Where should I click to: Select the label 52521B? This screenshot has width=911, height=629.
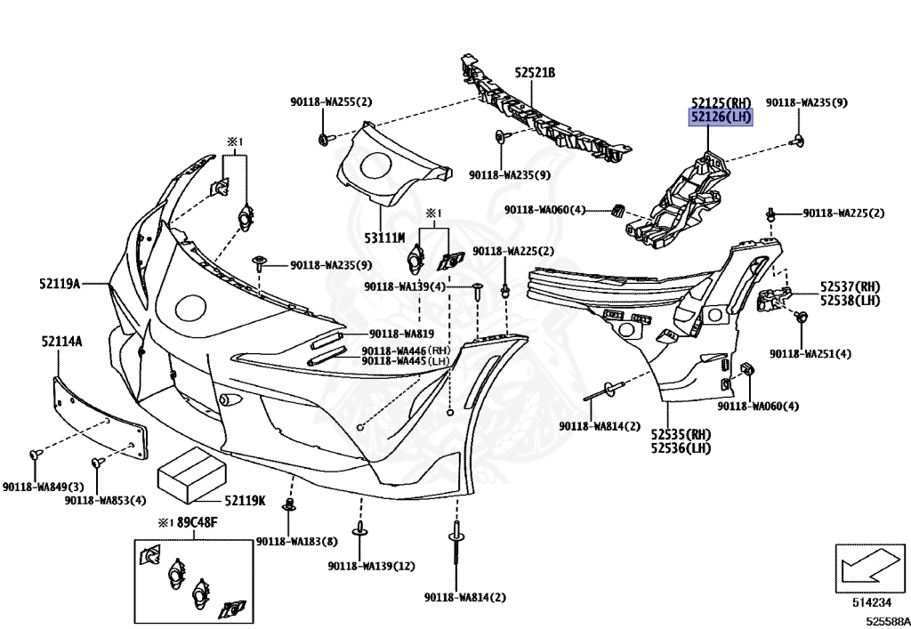coord(534,72)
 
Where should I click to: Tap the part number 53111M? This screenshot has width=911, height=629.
coord(384,238)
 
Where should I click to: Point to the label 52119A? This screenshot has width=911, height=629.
coord(60,284)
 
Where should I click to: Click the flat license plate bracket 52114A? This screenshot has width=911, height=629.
coord(97,417)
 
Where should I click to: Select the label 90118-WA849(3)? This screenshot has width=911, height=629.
coord(43,487)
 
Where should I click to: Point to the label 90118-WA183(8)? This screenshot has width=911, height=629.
coord(296,542)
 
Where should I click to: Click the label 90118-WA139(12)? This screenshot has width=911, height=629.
coord(371,566)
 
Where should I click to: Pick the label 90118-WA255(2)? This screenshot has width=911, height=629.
coord(331,102)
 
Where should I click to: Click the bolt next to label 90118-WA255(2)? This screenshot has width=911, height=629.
coord(325,139)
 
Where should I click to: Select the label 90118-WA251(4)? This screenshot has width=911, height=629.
coord(810,354)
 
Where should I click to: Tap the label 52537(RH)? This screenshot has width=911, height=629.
coord(850,286)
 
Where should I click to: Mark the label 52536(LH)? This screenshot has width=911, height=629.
coord(681,448)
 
